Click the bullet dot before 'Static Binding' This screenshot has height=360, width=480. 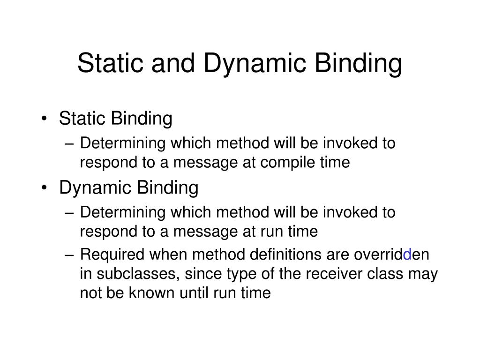44,119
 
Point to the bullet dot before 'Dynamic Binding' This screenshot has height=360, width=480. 44,188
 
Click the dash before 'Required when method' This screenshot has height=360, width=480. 70,255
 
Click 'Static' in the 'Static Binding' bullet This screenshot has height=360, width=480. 82,119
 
